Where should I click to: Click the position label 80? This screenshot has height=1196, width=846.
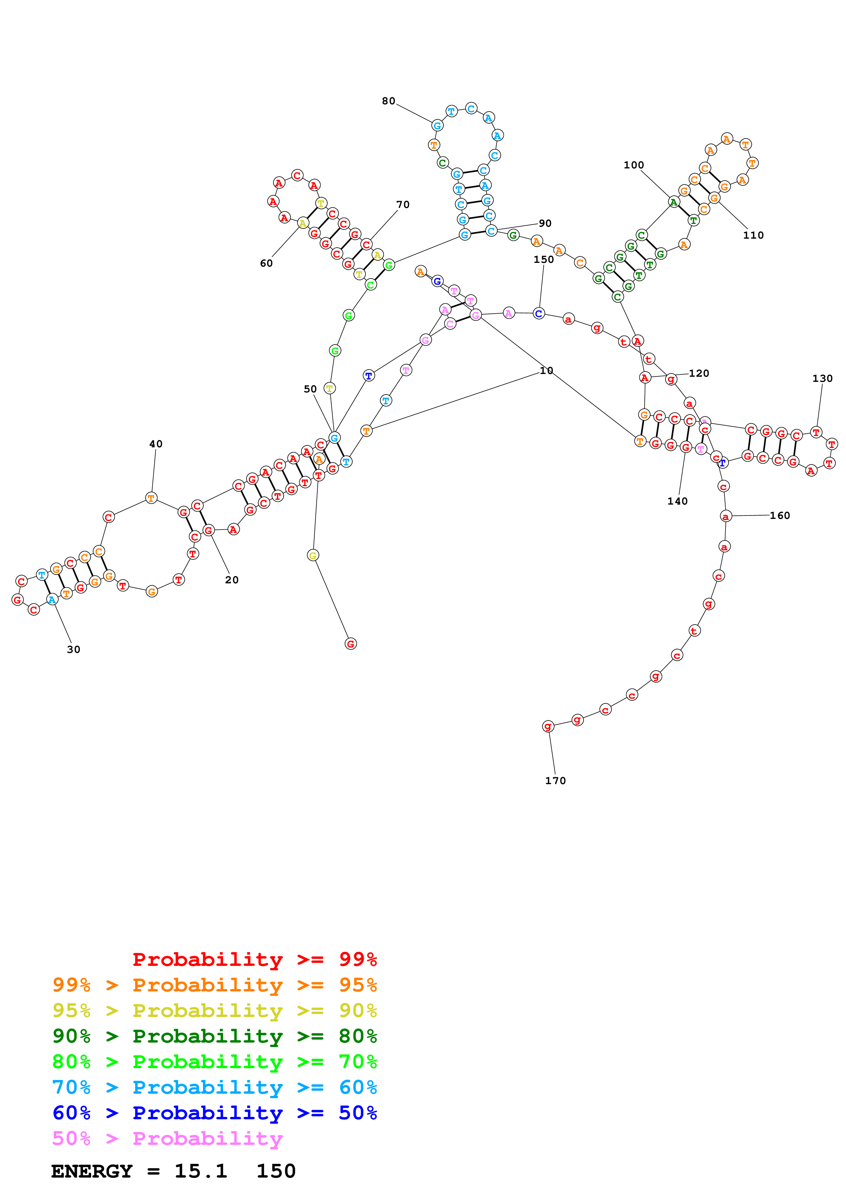pos(388,101)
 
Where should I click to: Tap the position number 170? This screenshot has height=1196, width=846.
pos(555,780)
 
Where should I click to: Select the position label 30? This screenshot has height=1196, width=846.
pos(73,649)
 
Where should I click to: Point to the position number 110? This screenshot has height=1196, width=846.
pos(753,236)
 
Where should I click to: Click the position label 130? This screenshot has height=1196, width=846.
pos(822,379)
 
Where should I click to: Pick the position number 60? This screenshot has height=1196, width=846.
pos(267,264)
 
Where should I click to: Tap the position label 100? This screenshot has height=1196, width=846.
pos(634,165)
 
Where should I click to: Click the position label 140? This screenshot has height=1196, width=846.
pos(677,501)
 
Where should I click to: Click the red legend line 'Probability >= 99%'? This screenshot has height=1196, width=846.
pos(254,959)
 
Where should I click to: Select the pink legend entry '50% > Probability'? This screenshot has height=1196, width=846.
pos(167,1138)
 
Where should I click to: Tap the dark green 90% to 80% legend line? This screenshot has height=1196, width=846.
pos(215,1036)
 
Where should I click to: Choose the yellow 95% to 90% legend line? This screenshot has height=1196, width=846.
pos(215,1011)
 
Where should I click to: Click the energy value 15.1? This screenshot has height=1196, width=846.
pos(201,1171)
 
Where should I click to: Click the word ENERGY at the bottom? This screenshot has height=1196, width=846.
pos(92,1171)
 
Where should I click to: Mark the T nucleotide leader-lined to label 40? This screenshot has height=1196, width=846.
pos(151,498)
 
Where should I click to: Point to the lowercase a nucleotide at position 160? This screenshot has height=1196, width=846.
pos(725,516)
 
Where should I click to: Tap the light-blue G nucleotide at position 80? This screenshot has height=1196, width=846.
pos(438,125)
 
